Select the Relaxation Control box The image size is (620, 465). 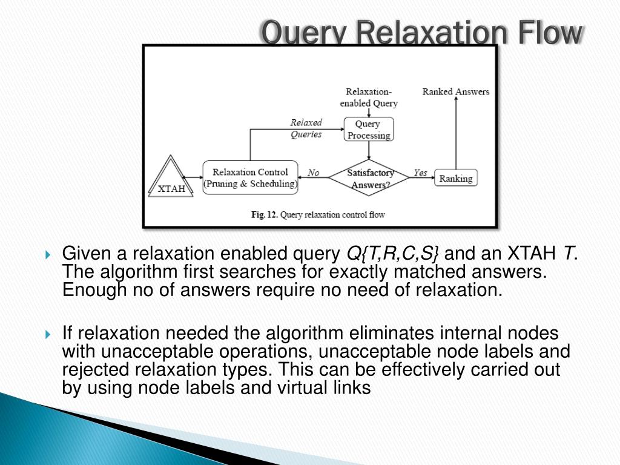(250, 177)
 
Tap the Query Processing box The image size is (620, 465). (368, 130)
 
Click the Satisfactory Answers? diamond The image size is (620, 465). (370, 179)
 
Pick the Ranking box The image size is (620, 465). (455, 178)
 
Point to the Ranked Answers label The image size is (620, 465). (455, 92)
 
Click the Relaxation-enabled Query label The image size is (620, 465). (368, 97)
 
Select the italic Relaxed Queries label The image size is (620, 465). (306, 128)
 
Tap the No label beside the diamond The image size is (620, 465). (313, 173)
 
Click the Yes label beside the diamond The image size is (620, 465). (420, 173)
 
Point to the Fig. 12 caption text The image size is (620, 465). (318, 214)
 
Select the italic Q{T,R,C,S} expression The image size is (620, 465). (393, 252)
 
